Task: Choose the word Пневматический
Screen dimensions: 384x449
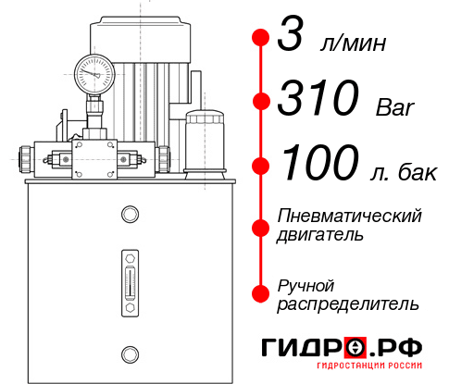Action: (x=349, y=216)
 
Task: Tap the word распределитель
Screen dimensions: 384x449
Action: (x=348, y=303)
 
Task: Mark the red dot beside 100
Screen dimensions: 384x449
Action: (x=261, y=165)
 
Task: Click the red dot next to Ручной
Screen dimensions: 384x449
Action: (x=261, y=292)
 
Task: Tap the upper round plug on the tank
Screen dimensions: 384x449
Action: (x=129, y=216)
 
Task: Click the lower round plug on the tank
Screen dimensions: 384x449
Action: (x=129, y=352)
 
